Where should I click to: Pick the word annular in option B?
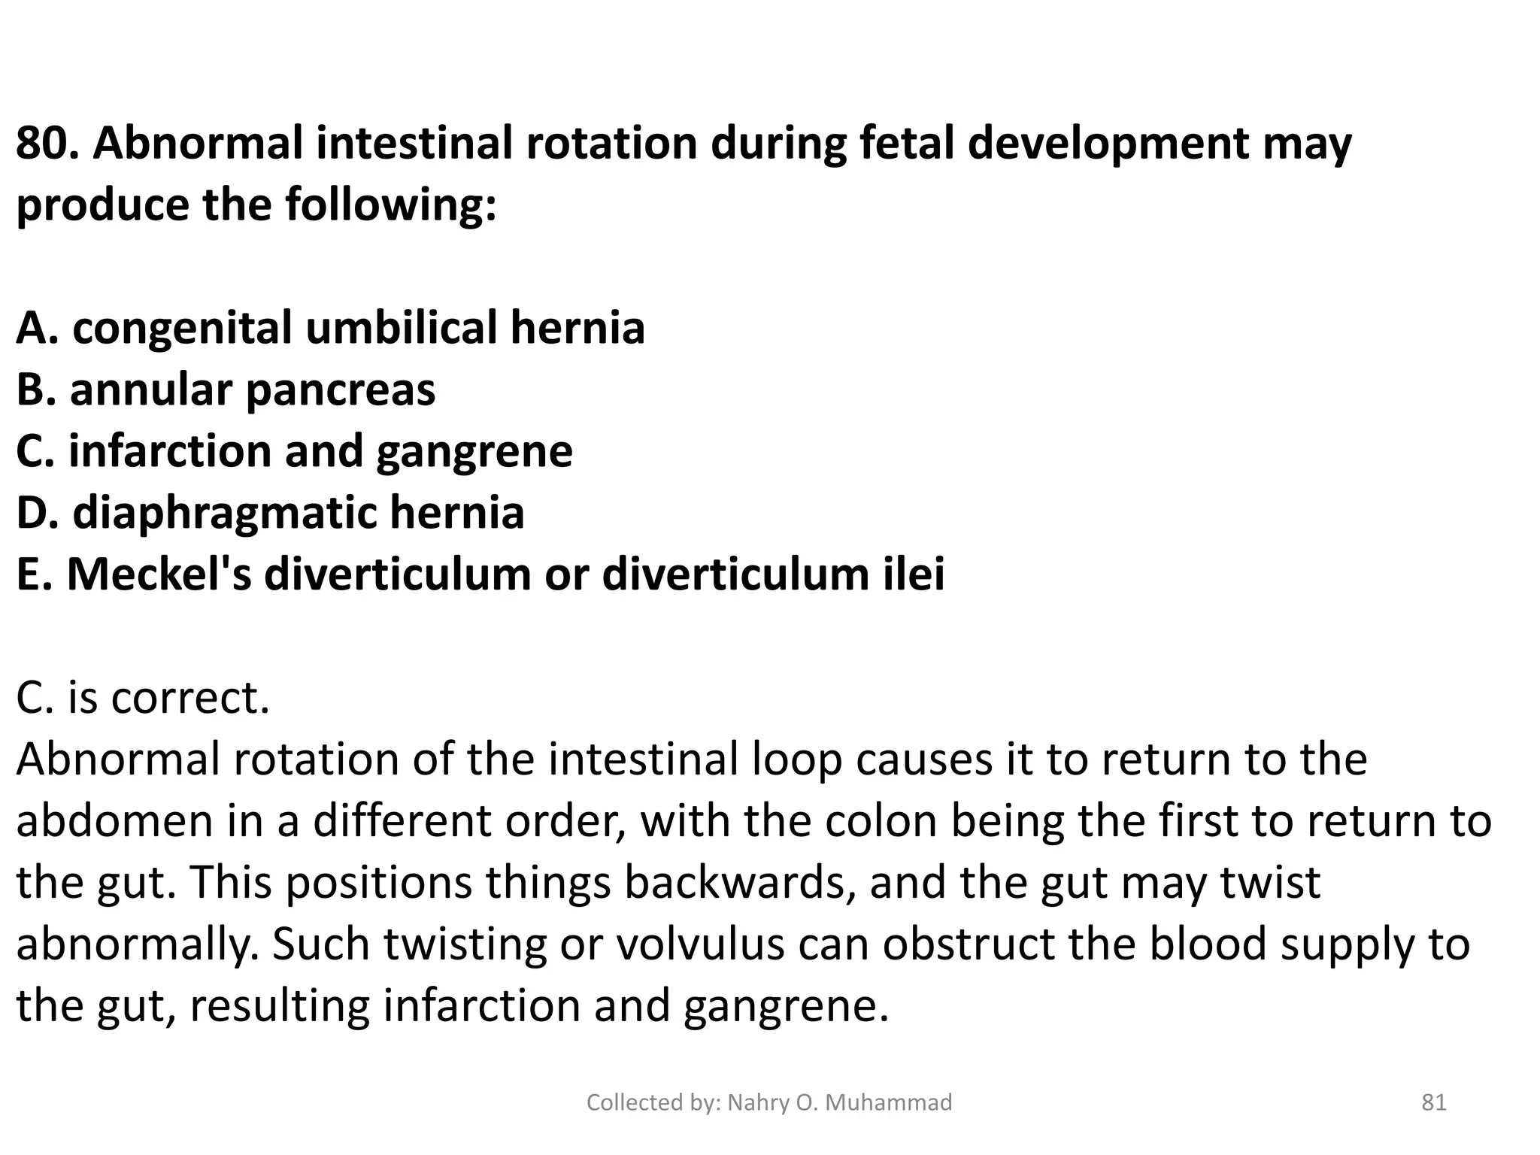coord(150,390)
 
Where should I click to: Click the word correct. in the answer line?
coord(192,699)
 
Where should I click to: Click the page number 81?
coord(1433,1102)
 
